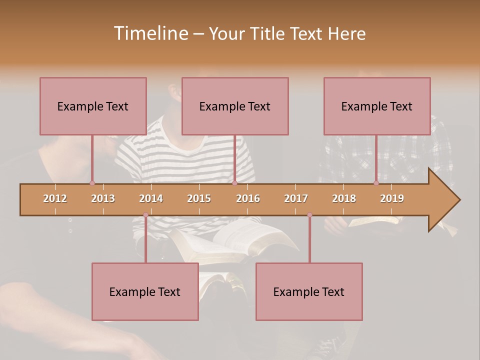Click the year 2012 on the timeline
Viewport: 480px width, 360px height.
(x=55, y=198)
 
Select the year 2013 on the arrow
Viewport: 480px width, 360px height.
(x=103, y=198)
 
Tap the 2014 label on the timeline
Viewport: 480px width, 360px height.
(x=151, y=198)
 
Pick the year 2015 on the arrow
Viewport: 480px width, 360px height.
(x=199, y=198)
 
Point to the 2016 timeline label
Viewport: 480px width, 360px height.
(x=248, y=198)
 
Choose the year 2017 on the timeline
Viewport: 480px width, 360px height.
(x=296, y=198)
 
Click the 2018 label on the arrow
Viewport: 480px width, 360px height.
(x=344, y=198)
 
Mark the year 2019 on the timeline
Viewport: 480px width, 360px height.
(x=392, y=198)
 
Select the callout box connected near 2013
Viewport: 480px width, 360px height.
(x=93, y=106)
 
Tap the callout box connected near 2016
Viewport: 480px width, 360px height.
(x=235, y=106)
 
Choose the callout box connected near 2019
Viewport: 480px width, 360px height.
(x=377, y=106)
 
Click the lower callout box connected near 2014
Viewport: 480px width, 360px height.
(x=145, y=291)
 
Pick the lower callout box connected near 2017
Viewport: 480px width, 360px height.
(x=309, y=291)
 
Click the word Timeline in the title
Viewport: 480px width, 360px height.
(x=150, y=33)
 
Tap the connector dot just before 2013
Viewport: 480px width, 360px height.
(x=92, y=183)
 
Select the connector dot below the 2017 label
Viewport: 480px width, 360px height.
(x=309, y=215)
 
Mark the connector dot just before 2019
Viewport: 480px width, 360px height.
(x=376, y=183)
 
